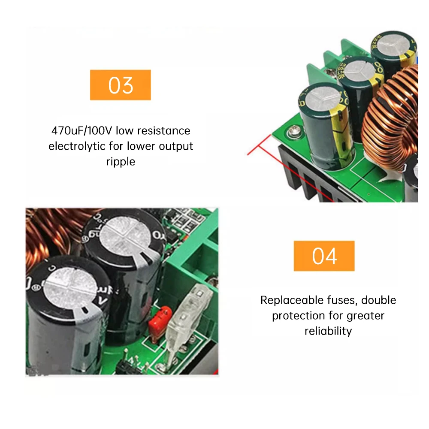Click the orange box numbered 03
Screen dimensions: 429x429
[x=120, y=85]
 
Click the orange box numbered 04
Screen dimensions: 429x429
[x=324, y=256]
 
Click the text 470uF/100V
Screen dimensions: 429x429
[x=82, y=130]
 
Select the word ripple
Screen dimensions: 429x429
[x=121, y=161]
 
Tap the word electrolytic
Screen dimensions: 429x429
[x=77, y=146]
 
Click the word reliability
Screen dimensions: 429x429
[x=328, y=331]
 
